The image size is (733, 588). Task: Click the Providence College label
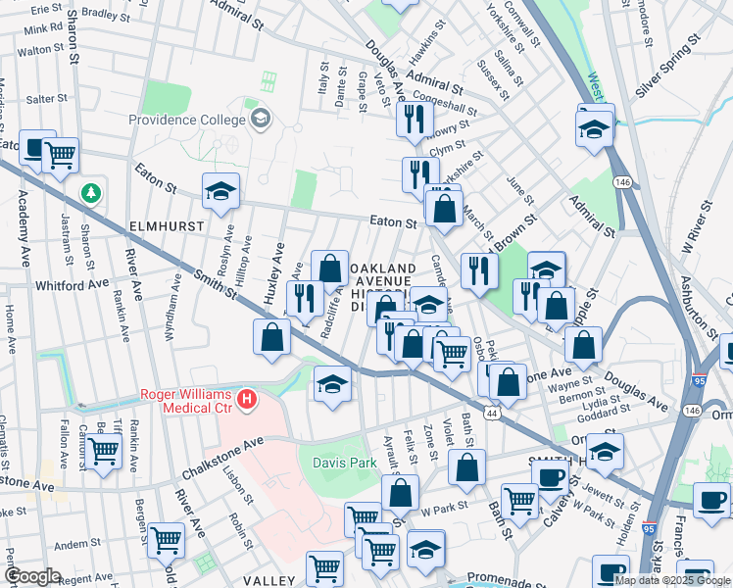click(186, 120)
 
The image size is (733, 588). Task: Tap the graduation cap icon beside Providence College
click(260, 120)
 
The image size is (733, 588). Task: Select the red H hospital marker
click(248, 399)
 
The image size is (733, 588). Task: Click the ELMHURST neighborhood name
click(166, 225)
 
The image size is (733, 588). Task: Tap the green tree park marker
click(91, 192)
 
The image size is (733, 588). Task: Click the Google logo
click(32, 576)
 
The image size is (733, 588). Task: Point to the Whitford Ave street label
click(71, 283)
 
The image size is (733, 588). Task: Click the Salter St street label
click(46, 99)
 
